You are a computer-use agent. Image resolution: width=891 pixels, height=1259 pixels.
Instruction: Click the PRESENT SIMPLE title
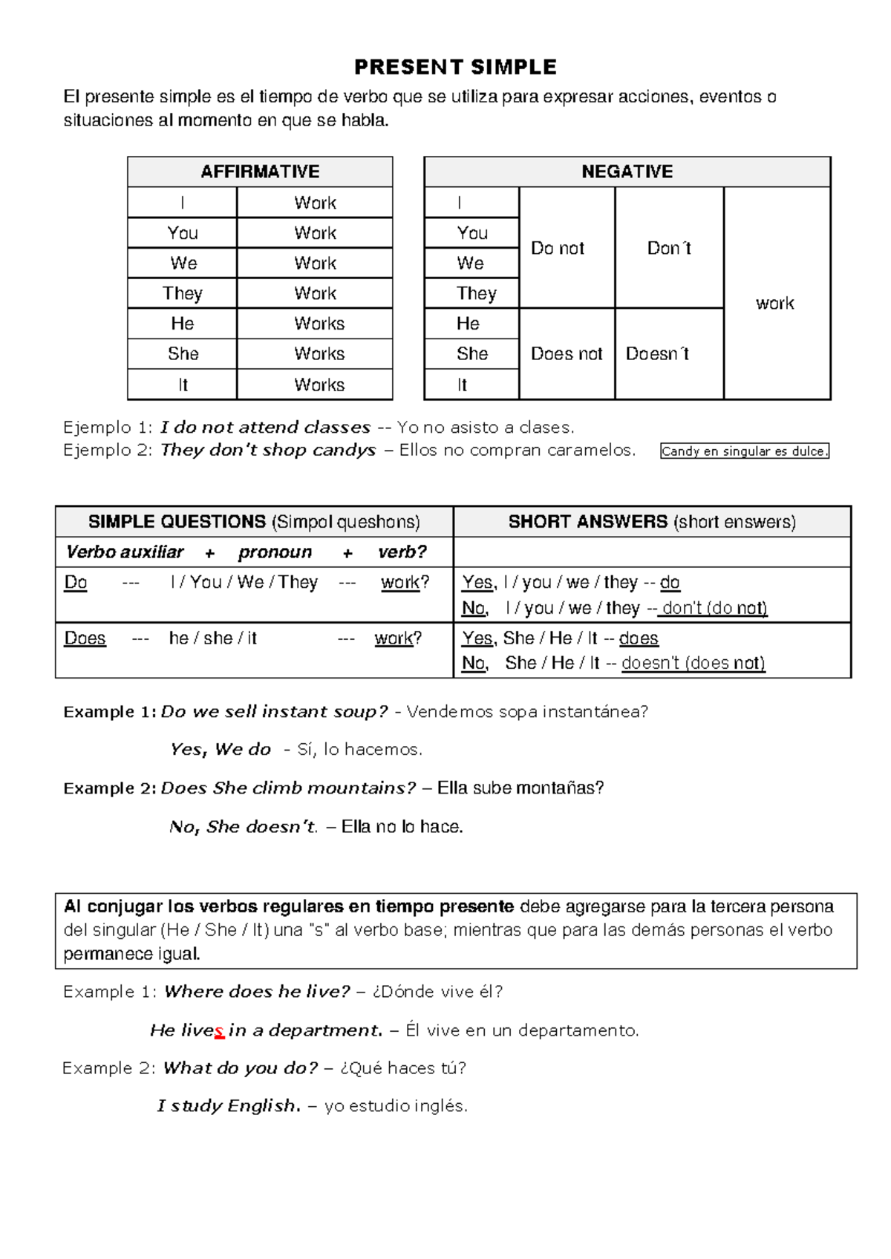tap(455, 68)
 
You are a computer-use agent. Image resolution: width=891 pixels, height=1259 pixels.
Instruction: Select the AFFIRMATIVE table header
tap(260, 171)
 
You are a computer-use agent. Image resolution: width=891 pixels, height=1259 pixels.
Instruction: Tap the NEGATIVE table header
tap(627, 171)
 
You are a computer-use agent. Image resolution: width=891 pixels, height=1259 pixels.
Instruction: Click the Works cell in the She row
tap(319, 354)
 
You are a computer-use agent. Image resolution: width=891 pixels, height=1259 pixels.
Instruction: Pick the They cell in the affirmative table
tap(182, 293)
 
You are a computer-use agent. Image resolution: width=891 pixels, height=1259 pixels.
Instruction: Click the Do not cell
tap(558, 248)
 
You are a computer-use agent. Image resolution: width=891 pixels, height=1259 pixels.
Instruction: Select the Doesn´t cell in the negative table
tap(658, 354)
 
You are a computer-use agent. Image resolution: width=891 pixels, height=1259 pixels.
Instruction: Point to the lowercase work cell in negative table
tap(774, 303)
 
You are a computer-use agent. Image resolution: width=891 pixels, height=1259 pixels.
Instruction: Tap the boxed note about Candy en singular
tap(744, 451)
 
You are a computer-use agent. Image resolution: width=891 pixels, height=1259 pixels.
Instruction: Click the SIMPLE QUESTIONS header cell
tap(254, 522)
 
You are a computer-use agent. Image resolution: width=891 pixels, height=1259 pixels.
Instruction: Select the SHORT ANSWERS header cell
tap(652, 522)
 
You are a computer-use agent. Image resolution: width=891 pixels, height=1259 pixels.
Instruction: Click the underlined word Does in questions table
tap(85, 638)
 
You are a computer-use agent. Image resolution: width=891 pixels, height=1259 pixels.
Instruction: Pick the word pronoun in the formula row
tap(275, 552)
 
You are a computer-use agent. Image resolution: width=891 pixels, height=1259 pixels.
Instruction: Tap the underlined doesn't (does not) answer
tap(693, 663)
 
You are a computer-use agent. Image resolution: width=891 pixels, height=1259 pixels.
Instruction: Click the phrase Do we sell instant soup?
tap(274, 711)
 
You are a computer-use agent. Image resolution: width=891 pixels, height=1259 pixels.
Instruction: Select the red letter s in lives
tap(219, 1030)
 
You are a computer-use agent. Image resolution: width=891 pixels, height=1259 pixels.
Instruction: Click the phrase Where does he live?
tap(256, 992)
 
